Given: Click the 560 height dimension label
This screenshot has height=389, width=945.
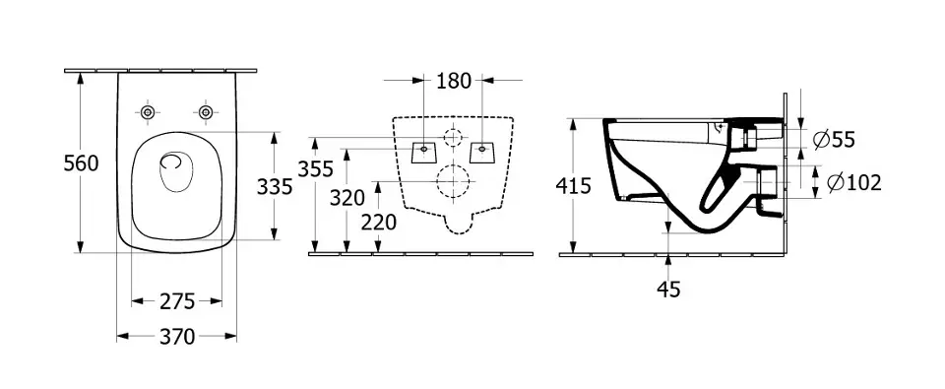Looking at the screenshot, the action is coord(81,162).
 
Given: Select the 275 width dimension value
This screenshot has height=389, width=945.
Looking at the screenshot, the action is coord(177,301).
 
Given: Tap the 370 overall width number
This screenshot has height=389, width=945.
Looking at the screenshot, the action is coord(177,337).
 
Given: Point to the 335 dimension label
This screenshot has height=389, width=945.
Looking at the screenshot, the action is coord(275,187).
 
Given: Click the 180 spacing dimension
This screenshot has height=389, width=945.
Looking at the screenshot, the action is coord(454,80).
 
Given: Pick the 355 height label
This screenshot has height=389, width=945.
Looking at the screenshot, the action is coord(315,168).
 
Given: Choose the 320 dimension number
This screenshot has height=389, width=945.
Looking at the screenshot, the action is coord(347,197).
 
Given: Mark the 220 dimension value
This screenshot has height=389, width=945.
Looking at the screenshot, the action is coord(379,223).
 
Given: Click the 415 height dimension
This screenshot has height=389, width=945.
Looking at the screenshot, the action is coord(573,186).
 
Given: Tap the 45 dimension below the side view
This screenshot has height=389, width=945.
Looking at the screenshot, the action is coord(668,290).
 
